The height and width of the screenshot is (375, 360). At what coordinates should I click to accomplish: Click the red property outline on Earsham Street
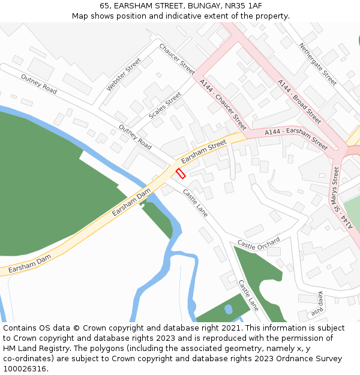(181, 173)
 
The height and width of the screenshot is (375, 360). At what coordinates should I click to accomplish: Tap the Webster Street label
(123, 74)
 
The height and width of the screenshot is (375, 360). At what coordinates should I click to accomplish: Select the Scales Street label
(165, 105)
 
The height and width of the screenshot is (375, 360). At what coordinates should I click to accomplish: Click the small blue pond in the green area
(228, 310)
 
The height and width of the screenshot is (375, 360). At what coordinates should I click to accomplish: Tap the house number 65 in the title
(103, 5)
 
